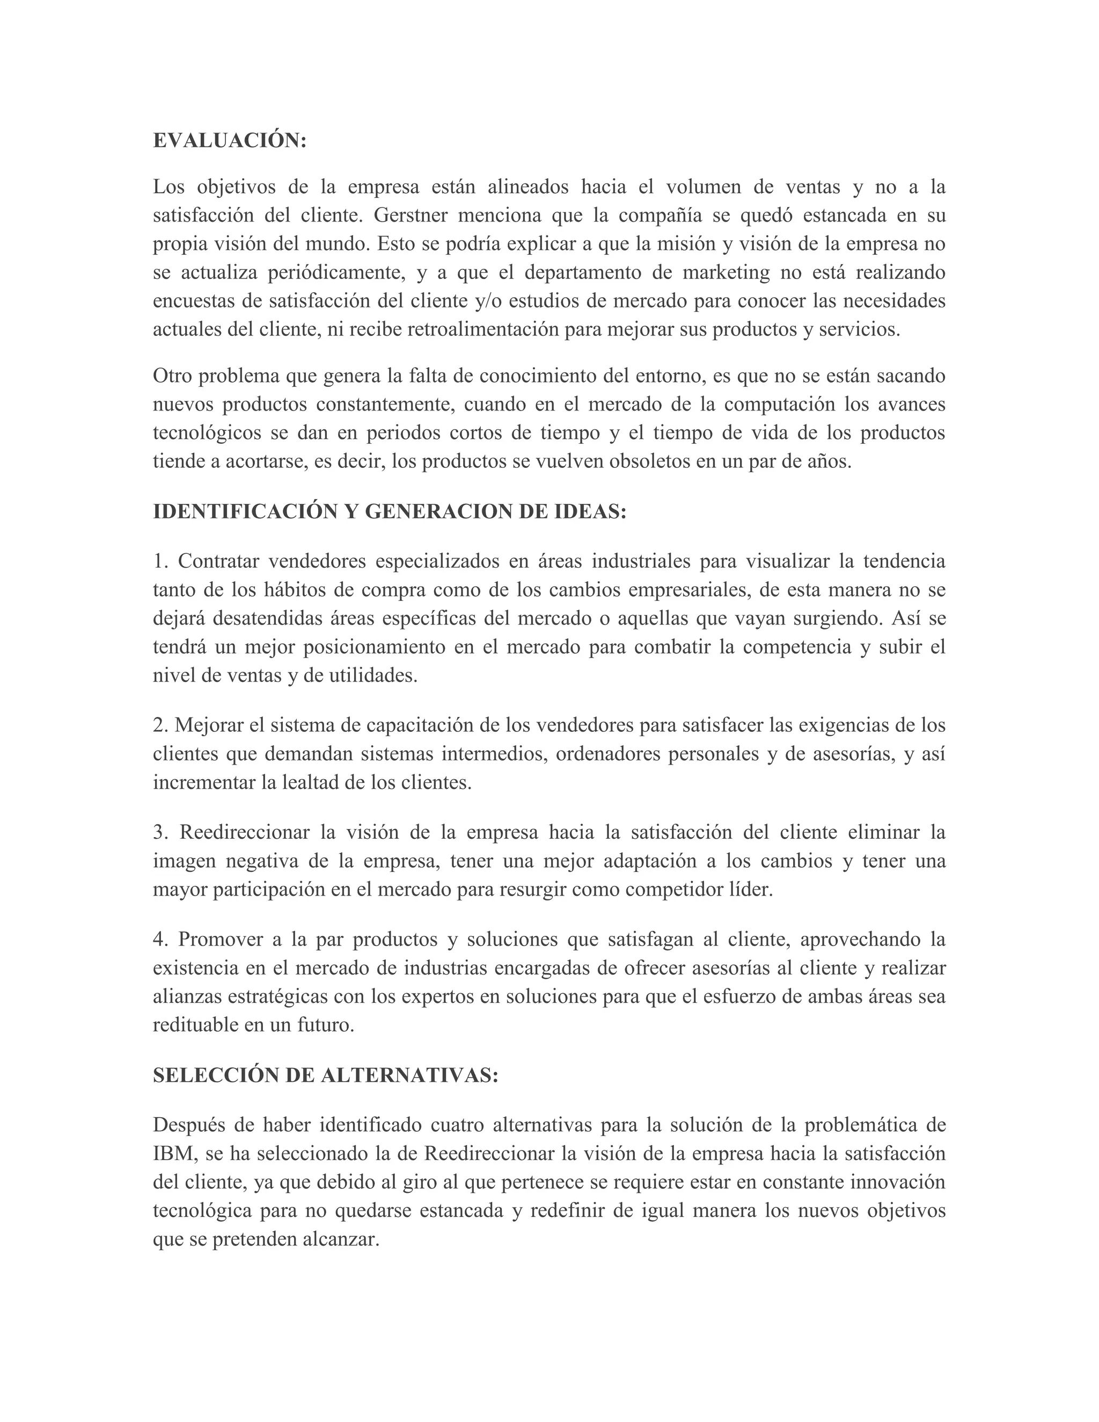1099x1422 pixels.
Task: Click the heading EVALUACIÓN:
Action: pyautogui.click(x=229, y=141)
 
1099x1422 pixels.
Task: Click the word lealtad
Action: pyautogui.click(x=310, y=782)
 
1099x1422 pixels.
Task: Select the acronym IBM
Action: pyautogui.click(x=174, y=1153)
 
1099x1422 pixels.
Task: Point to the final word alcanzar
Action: pyautogui.click(x=341, y=1239)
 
